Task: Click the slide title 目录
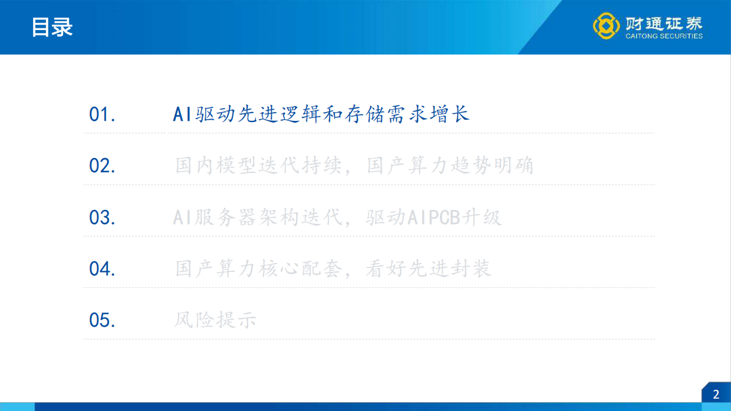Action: click(52, 27)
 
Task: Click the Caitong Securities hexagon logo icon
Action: click(606, 26)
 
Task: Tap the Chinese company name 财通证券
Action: click(664, 23)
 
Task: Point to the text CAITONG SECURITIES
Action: click(664, 36)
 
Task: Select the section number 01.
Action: click(102, 114)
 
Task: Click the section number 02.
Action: click(102, 166)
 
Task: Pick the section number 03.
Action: click(102, 218)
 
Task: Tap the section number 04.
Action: click(102, 269)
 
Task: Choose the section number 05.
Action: click(102, 320)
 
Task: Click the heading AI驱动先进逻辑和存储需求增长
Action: click(321, 114)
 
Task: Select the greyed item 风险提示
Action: click(216, 320)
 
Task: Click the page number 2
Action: click(716, 394)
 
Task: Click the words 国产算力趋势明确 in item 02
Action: click(450, 166)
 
